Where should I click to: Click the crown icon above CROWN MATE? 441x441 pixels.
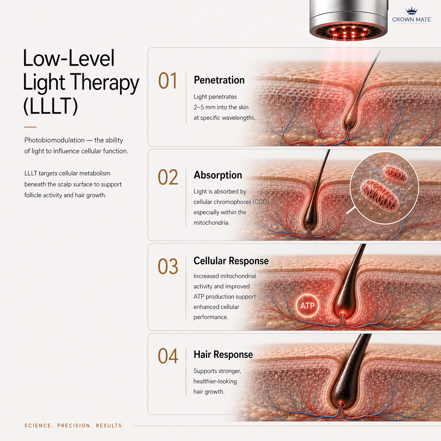(x=411, y=11)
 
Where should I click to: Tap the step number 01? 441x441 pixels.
(x=168, y=81)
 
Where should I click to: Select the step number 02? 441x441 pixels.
(x=168, y=177)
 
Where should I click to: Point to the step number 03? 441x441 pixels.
(x=168, y=266)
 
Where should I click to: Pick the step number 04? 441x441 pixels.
(x=168, y=356)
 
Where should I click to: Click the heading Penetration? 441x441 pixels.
(x=219, y=80)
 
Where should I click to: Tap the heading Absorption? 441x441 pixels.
(x=218, y=175)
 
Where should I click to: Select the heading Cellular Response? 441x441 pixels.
(x=231, y=261)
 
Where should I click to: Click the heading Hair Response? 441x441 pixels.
(x=223, y=354)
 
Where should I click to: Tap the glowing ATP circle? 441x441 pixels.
(x=307, y=306)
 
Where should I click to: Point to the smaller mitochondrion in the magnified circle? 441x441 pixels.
(x=395, y=174)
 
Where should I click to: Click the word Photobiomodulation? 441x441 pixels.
(x=55, y=140)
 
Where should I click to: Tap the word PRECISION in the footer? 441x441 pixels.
(x=74, y=426)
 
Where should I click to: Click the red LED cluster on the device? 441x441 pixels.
(x=348, y=32)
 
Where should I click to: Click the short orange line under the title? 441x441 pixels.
(x=30, y=127)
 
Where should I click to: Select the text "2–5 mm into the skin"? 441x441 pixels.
(x=221, y=107)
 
